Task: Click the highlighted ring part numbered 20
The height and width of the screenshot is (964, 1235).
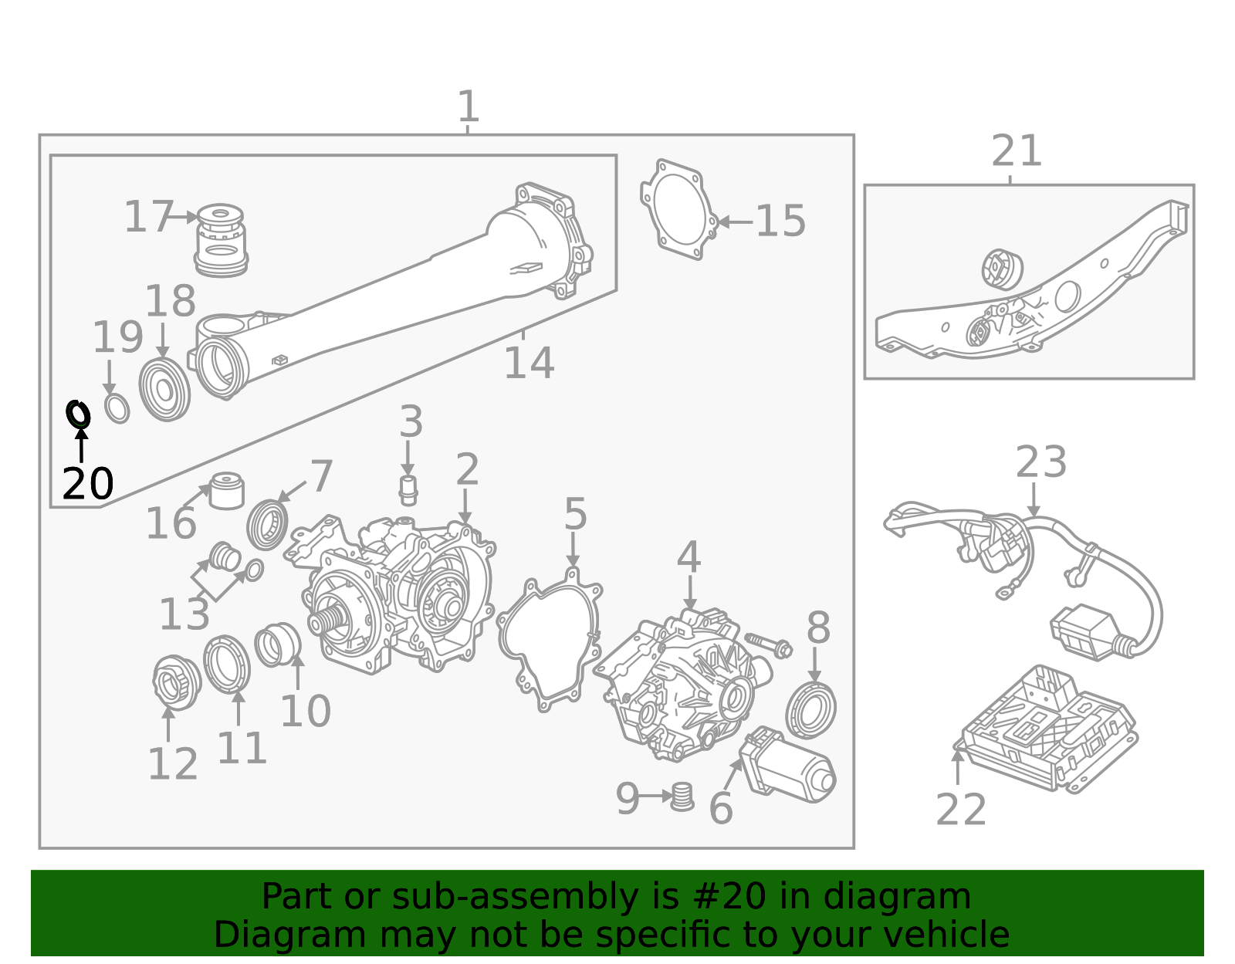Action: coord(78,414)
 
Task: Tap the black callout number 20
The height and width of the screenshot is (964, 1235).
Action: coord(87,485)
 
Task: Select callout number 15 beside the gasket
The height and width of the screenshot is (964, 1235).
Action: coord(780,222)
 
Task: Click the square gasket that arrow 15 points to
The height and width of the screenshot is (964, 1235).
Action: coord(678,209)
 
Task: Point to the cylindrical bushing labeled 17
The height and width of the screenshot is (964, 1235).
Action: coord(221,240)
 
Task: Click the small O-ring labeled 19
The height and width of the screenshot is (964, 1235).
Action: coord(117,408)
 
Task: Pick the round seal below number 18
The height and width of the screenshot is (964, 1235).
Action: coord(164,389)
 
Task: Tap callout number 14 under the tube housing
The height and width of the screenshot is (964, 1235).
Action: coord(529,363)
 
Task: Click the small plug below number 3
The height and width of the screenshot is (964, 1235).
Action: coord(408,489)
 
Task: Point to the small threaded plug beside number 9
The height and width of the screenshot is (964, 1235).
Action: coord(682,796)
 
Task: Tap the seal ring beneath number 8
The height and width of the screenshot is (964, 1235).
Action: coord(810,710)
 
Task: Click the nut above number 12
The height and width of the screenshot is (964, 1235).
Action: coord(176,681)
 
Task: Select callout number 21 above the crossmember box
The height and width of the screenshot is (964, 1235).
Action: coord(1017,151)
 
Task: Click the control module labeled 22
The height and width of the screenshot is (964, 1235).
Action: coord(1046,729)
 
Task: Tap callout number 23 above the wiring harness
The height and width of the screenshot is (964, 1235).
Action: coord(1040,462)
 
